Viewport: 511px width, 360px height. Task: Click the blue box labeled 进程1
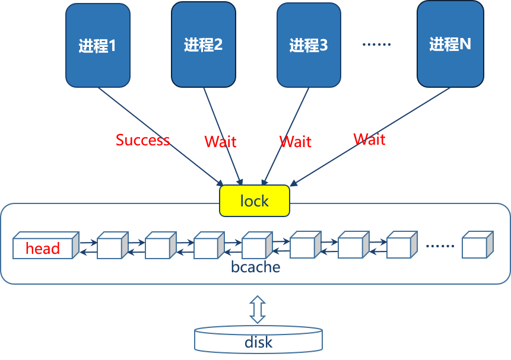(98, 45)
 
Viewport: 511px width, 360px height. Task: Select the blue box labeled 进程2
(203, 44)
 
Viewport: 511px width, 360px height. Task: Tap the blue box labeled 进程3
(309, 45)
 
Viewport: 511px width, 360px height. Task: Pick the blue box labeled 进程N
(449, 43)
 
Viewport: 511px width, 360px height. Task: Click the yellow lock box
(255, 201)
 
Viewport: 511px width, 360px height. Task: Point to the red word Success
(142, 141)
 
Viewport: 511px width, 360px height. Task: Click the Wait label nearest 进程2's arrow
(220, 142)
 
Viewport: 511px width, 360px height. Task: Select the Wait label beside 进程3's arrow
(296, 142)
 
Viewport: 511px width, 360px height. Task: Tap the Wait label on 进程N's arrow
(369, 139)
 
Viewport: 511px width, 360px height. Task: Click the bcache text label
(255, 267)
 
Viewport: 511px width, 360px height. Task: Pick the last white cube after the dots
(477, 246)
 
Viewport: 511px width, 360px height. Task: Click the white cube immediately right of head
(112, 246)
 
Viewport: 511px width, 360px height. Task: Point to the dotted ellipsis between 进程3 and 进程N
(376, 44)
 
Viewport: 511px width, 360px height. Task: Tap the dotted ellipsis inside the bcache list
(440, 246)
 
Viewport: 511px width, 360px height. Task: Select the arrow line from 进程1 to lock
(160, 136)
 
